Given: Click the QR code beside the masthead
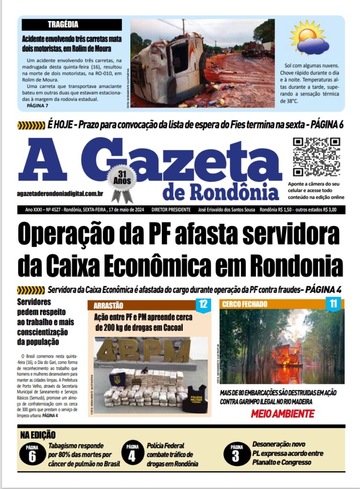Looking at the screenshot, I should coord(316,157).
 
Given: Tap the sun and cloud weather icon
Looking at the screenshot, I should coord(309,38).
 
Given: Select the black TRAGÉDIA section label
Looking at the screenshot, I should coord(63,24).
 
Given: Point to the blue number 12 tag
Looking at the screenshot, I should coord(203,303).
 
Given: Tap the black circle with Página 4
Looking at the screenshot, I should coord(132,454).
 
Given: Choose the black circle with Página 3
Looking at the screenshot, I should coord(235,454).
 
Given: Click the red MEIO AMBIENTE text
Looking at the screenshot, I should coord(282,414).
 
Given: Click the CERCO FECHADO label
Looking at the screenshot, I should coord(244,304).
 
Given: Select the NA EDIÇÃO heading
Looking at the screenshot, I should coord(38,435).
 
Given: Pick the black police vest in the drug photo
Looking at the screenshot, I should coord(195,399).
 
